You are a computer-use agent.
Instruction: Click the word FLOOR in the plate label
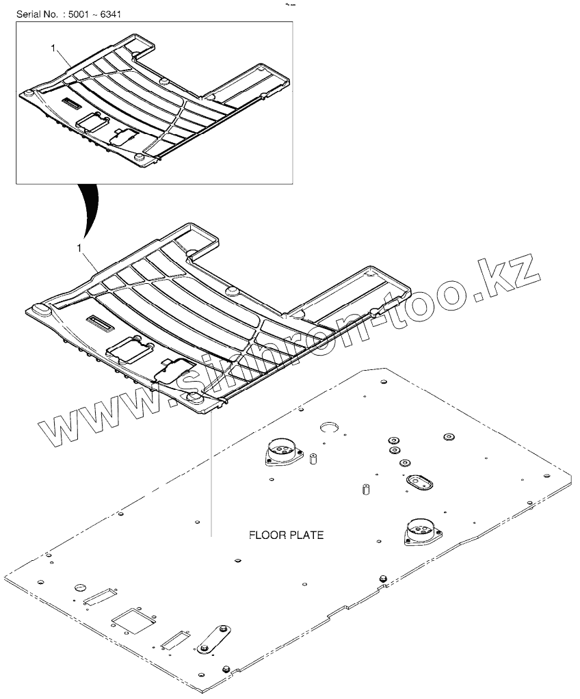[265, 535]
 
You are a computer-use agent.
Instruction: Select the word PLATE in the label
[306, 535]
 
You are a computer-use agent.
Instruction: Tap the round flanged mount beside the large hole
[281, 452]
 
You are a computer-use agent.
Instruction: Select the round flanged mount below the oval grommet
[419, 532]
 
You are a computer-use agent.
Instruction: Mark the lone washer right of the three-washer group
[449, 436]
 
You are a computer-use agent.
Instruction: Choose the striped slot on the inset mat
[70, 102]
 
